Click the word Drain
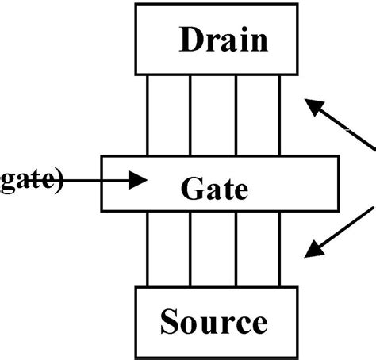[223, 39]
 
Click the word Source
[213, 322]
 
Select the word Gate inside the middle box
[214, 189]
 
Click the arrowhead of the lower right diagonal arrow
[313, 251]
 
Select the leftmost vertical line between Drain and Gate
[148, 116]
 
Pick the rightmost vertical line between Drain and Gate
[280, 116]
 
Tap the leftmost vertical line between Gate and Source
[148, 249]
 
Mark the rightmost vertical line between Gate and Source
[280, 249]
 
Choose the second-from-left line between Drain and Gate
[190, 116]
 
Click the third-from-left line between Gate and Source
[236, 249]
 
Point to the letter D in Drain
[191, 39]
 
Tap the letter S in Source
[171, 322]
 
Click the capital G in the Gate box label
[191, 189]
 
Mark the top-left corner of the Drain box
[136, 4]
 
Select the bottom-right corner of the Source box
[292, 354]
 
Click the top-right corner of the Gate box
[338, 157]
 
